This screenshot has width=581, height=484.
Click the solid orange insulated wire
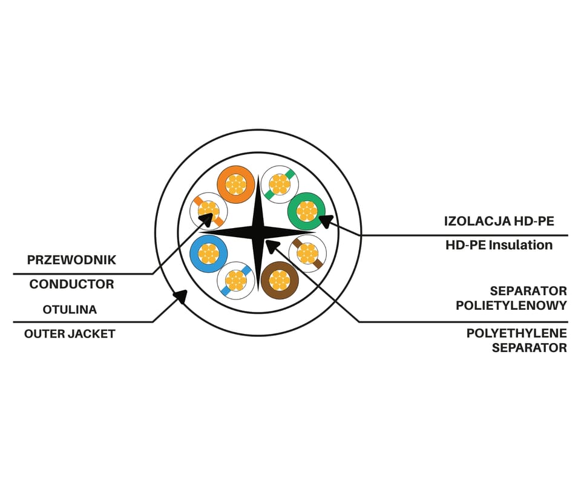pyautogui.click(x=235, y=184)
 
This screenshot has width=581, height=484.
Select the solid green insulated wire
pyautogui.click(x=307, y=212)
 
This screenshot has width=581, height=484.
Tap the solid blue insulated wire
pyautogui.click(x=209, y=253)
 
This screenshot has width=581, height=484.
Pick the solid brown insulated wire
pyautogui.click(x=280, y=280)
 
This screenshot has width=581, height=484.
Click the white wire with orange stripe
pyautogui.click(x=209, y=212)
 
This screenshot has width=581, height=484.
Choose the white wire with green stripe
pyautogui.click(x=280, y=184)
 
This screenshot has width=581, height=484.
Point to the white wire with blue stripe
pyautogui.click(x=235, y=280)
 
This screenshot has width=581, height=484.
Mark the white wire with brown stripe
pyautogui.click(x=307, y=253)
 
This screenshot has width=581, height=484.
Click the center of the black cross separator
pyautogui.click(x=258, y=232)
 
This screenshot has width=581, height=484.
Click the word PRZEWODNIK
pyautogui.click(x=71, y=260)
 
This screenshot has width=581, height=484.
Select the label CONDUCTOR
pyautogui.click(x=71, y=284)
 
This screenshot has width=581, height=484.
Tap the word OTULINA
pyautogui.click(x=70, y=310)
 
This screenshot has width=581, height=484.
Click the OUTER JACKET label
pyautogui.click(x=70, y=334)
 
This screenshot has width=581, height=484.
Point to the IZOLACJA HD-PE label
pyautogui.click(x=499, y=221)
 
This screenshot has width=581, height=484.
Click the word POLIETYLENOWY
pyautogui.click(x=511, y=306)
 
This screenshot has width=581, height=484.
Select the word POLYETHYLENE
pyautogui.click(x=516, y=333)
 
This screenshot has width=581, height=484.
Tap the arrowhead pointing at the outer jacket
pyautogui.click(x=180, y=296)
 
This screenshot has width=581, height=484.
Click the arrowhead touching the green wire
pyautogui.click(x=327, y=221)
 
